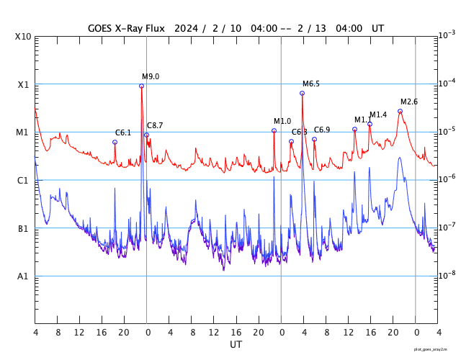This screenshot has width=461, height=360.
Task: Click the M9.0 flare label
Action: [x=151, y=76]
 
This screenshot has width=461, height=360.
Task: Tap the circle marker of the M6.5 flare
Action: [x=303, y=93]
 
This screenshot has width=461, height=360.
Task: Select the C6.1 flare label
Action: [x=123, y=132]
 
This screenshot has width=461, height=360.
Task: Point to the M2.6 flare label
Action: [x=409, y=102]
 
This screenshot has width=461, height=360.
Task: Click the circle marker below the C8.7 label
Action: [x=147, y=135]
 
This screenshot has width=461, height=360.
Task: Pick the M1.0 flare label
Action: [x=282, y=121]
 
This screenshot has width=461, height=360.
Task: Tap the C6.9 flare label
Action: [x=322, y=130]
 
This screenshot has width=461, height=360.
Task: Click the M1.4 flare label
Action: [x=378, y=114]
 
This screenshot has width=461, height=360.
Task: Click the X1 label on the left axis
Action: [x=24, y=84]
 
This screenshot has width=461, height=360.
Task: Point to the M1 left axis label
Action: [x=23, y=132]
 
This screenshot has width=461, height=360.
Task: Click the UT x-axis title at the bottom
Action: [x=236, y=345]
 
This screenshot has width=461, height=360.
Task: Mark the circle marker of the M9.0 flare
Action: [x=142, y=86]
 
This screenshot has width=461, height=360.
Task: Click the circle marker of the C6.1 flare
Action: [x=115, y=142]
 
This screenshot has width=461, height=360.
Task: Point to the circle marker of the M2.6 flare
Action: [x=400, y=111]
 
